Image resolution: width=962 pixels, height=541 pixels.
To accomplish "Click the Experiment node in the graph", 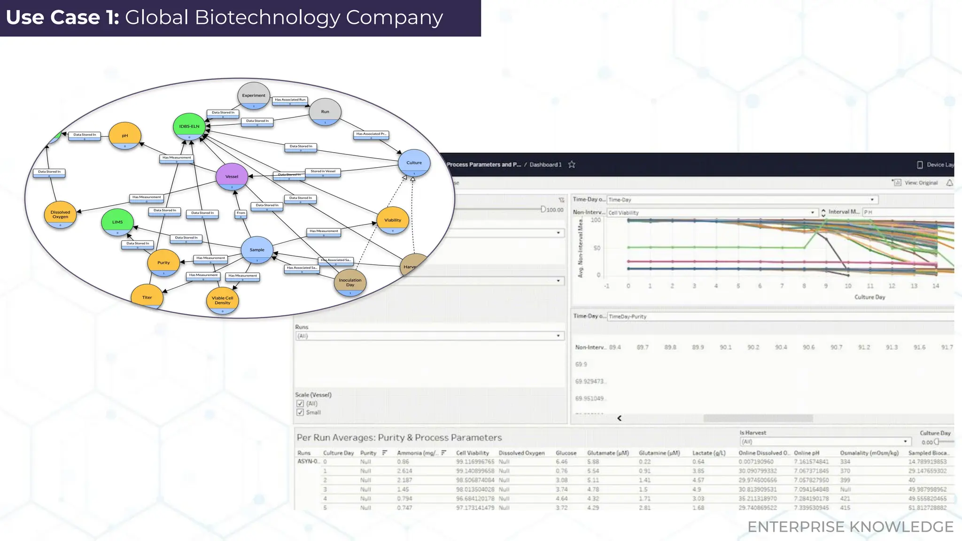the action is coord(254,95).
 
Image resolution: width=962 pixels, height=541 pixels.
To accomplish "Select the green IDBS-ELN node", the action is coord(189,126).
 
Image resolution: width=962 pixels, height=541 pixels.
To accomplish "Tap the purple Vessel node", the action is coord(232,177).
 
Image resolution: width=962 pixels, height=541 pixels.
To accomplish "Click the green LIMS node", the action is coord(117,222).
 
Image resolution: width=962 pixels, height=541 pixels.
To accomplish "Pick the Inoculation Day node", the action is coord(350,282).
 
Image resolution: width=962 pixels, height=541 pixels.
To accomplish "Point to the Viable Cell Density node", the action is coord(222,301).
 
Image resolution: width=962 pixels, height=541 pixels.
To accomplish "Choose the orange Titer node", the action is coord(147,297).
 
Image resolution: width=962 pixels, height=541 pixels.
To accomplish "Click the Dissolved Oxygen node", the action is coord(60,215).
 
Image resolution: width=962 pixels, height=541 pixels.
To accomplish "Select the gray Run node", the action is coord(325,112).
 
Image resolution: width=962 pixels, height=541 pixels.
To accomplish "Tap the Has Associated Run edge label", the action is coord(290,100).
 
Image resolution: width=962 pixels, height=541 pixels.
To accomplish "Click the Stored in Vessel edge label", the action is coord(323,171).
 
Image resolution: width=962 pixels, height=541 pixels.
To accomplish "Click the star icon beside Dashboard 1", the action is coord(572,164).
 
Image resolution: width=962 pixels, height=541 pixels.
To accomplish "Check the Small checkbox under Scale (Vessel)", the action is coord(300,412).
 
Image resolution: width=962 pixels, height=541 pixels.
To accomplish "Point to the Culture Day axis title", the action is coord(869,297).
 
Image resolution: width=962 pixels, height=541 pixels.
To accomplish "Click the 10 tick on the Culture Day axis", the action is coord(848,286).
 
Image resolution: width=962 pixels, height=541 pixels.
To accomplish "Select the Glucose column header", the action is coord(566,453).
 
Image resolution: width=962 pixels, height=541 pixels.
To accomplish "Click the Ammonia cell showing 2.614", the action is coord(404,471).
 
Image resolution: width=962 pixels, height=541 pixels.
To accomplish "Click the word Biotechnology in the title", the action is coord(267,18).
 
